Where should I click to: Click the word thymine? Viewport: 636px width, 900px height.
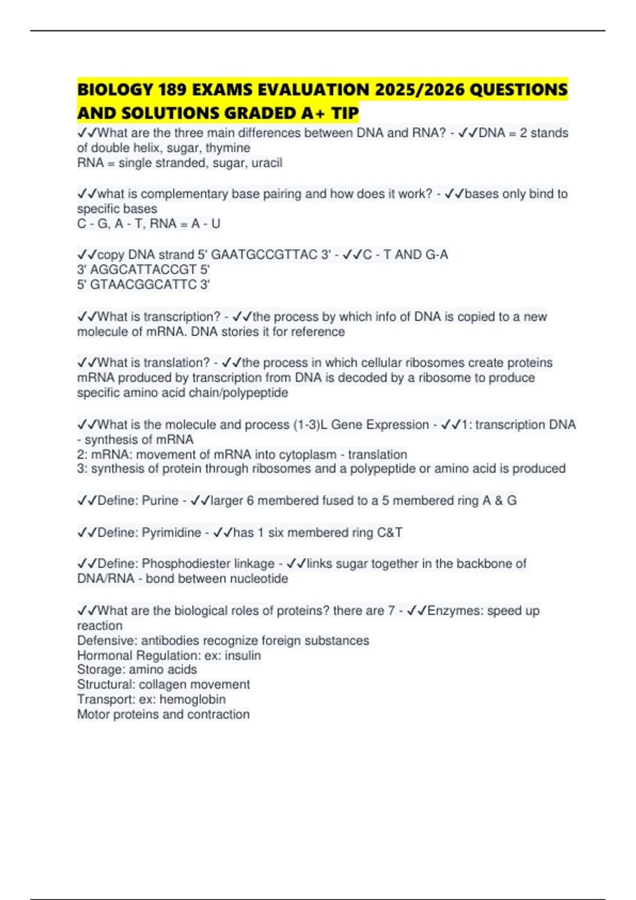pyautogui.click(x=228, y=148)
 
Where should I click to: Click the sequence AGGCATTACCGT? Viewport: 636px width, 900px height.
pyautogui.click(x=144, y=269)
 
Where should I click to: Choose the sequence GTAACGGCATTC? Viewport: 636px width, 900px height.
pyautogui.click(x=144, y=284)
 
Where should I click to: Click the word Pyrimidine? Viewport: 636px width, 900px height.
pyautogui.click(x=171, y=532)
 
